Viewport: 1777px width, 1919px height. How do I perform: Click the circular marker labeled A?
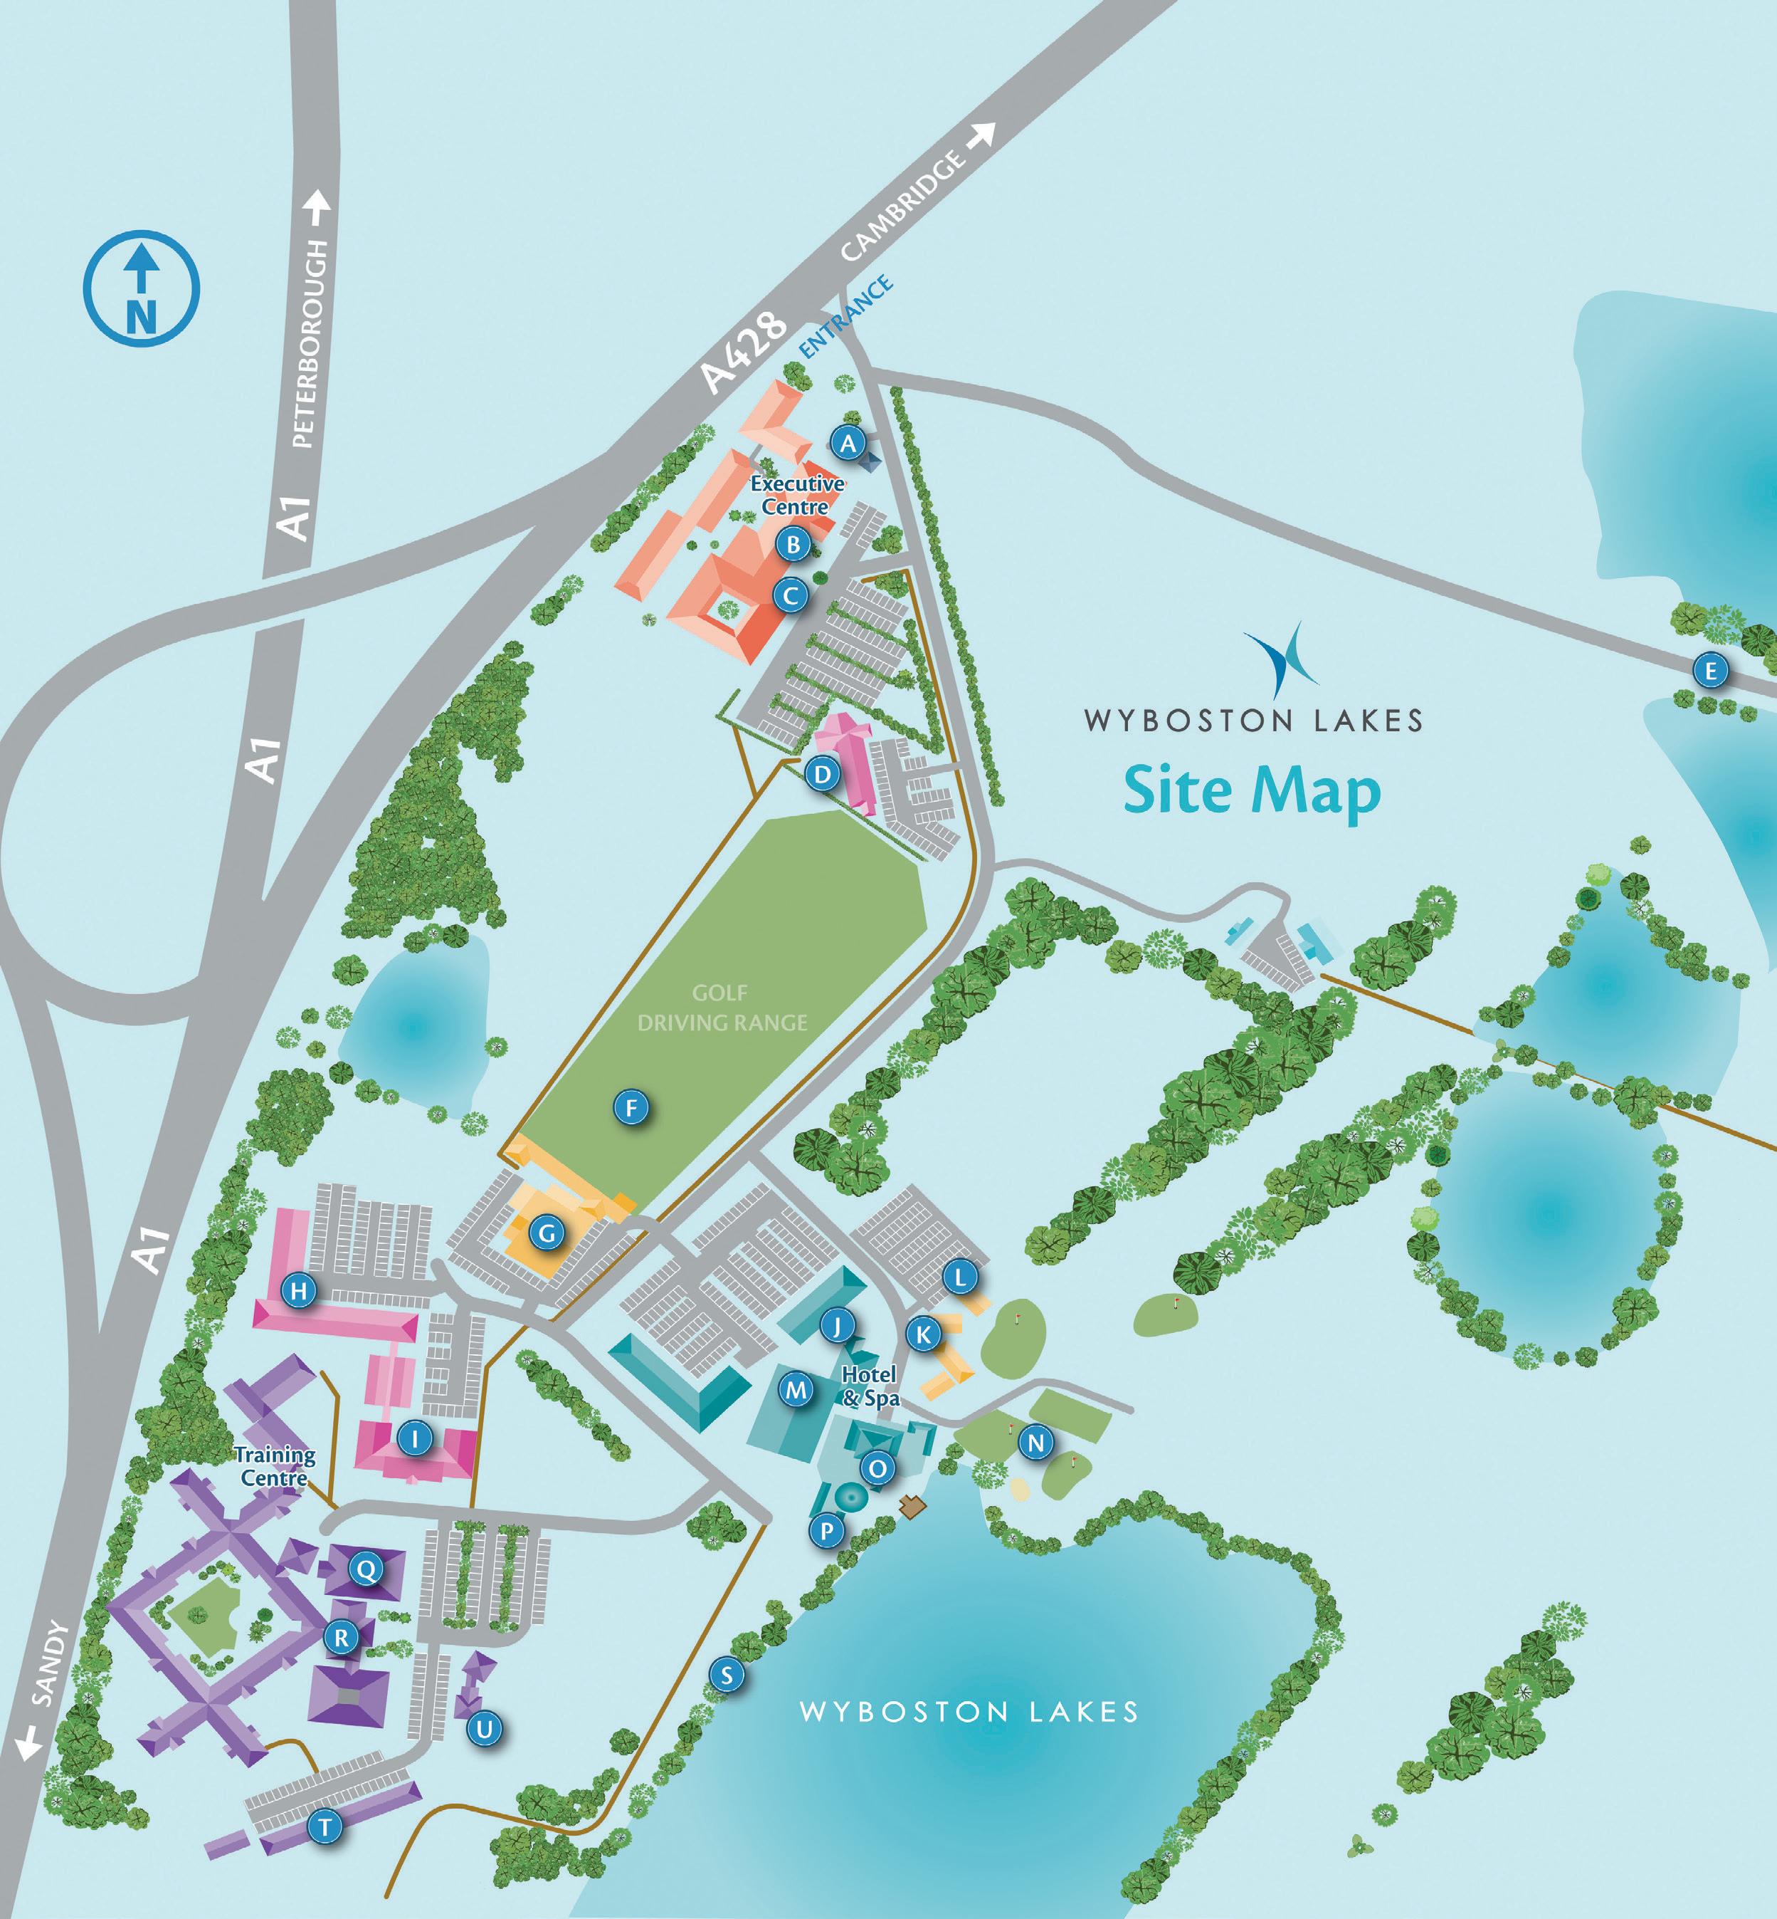tap(847, 444)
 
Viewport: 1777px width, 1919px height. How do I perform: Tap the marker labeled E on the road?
tap(1709, 671)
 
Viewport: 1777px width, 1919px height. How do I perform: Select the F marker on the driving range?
tap(631, 1108)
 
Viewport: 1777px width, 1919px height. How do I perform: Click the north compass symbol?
tap(142, 288)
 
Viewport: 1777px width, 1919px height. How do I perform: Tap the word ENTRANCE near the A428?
tap(847, 318)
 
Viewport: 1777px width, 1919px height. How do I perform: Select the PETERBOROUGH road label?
tap(313, 343)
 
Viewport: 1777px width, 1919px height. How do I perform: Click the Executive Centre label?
tap(796, 494)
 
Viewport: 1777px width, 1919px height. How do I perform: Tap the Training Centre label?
tap(275, 1467)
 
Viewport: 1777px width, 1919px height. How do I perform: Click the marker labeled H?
tap(299, 1291)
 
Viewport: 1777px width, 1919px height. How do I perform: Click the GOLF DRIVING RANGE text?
tap(723, 1007)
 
